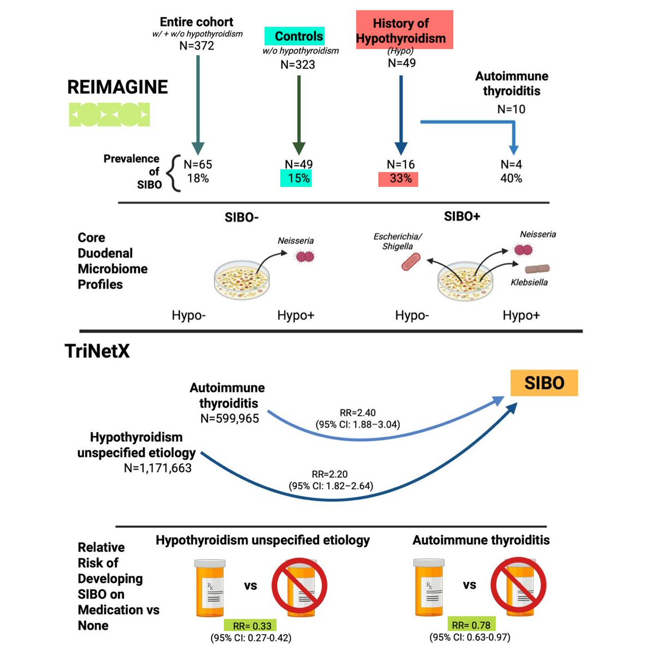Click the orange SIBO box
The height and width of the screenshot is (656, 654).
coord(544,383)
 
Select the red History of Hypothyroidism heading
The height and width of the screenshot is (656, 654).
coord(404,30)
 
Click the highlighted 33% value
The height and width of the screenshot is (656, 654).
coord(398,179)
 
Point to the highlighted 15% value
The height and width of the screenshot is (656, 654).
coord(296,178)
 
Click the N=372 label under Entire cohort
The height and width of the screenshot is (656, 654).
coord(197,45)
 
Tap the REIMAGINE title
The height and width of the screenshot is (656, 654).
coord(117,87)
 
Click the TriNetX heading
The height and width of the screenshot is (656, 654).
coord(97,351)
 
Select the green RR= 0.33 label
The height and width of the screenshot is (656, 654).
coord(250,625)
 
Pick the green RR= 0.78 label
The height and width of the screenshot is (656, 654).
coord(472,625)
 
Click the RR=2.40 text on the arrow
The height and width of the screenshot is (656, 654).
coord(358,413)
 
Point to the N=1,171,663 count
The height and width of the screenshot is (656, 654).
coord(157,468)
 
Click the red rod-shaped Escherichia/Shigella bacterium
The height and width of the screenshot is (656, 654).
coord(411,262)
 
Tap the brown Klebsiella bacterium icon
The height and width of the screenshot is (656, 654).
coord(537,269)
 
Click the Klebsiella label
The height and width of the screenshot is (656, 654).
coord(529,282)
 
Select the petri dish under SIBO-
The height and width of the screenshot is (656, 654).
coord(241,280)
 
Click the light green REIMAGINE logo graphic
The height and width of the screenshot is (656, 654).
coord(109,114)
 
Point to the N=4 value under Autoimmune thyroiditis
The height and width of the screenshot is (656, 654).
coord(511,165)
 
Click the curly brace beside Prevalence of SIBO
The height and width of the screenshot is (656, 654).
coord(174,173)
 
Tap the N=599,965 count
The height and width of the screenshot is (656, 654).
coord(229,418)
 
